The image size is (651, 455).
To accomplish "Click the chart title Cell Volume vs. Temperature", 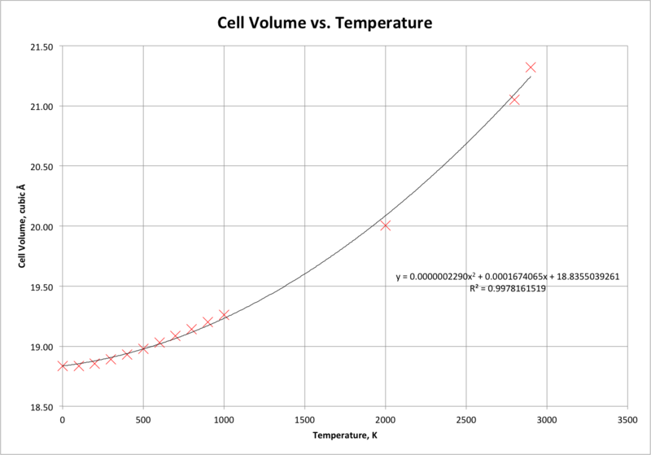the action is tap(325, 23).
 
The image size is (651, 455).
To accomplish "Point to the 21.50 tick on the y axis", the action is tap(42, 47).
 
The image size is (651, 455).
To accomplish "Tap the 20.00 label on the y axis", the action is tap(42, 226).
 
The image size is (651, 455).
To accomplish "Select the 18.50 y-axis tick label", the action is tap(42, 407).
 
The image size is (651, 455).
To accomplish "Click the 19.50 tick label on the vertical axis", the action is tap(42, 287).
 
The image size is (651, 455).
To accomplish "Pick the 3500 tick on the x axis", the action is tap(627, 420).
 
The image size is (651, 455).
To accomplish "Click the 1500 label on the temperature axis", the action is tap(304, 420).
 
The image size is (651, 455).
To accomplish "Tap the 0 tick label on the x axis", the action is tap(63, 420).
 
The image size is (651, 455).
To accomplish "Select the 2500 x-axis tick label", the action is tap(465, 420).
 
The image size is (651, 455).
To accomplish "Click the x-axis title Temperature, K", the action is tap(345, 435).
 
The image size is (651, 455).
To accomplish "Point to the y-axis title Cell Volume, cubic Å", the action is tap(22, 225).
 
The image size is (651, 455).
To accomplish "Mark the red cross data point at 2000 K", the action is tap(385, 225).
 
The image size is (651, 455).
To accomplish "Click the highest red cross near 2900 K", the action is tap(531, 68).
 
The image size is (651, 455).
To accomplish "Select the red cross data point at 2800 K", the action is tap(514, 99).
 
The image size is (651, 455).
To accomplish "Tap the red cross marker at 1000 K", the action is tap(224, 315).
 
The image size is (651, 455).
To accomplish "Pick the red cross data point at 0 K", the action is tap(63, 365).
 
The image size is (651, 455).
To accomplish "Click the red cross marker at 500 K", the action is tap(143, 348).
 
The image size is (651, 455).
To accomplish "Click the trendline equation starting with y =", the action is tap(507, 276).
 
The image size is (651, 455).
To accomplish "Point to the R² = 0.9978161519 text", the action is tap(507, 288).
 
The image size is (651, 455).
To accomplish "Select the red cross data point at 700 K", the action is tap(175, 335).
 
